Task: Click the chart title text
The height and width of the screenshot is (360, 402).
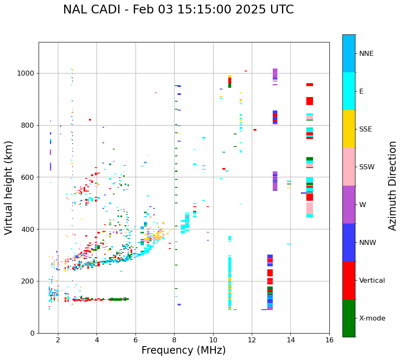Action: (x=178, y=10)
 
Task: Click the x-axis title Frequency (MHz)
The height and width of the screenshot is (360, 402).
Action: (x=183, y=350)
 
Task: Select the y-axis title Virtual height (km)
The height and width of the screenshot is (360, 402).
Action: (x=9, y=187)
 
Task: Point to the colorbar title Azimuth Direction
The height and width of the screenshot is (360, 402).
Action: (x=392, y=186)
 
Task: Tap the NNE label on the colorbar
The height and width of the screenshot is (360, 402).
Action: (x=366, y=54)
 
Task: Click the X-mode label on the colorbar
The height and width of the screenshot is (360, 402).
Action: (x=372, y=318)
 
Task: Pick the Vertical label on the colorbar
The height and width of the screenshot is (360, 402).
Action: (x=372, y=281)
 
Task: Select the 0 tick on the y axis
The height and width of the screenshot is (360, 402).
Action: (x=33, y=333)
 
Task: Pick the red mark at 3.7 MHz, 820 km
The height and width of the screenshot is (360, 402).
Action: (x=90, y=120)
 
